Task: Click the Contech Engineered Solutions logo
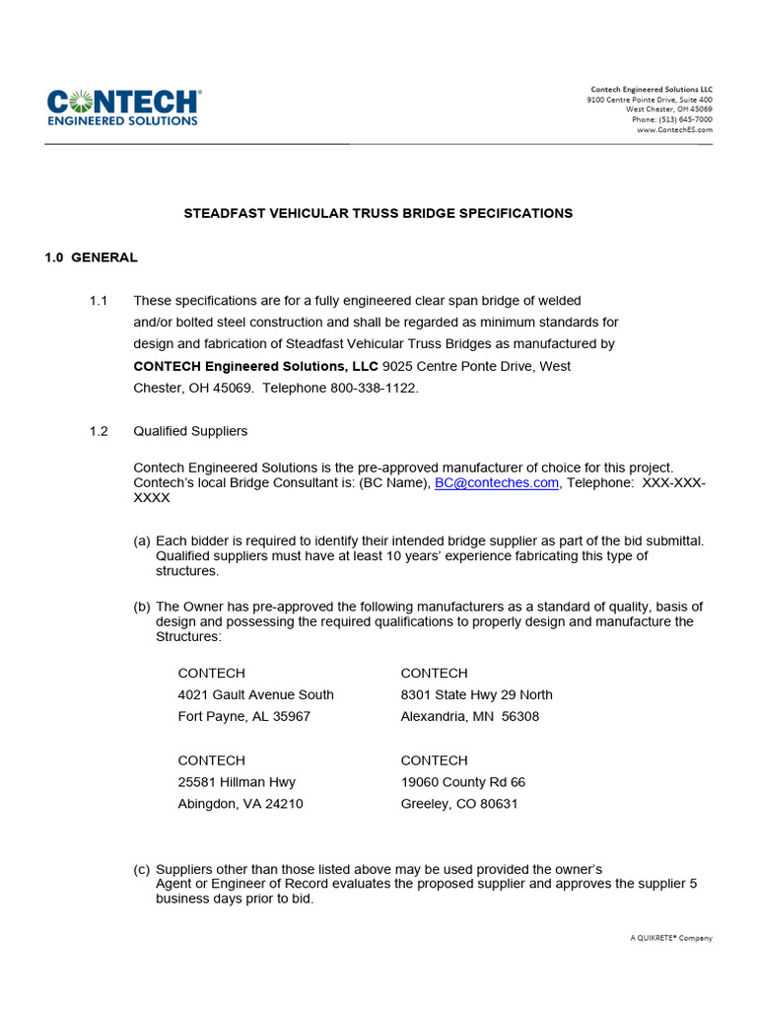tap(123, 108)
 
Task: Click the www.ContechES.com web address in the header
tap(674, 129)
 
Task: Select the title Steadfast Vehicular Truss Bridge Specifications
tap(378, 213)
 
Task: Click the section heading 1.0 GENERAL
tap(91, 257)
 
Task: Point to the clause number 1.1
tap(99, 301)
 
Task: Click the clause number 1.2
tap(99, 431)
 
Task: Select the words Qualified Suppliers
tap(190, 431)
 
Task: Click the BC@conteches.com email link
tap(497, 482)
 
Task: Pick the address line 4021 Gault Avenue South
tap(255, 694)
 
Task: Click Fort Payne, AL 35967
tap(243, 716)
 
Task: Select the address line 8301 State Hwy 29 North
tap(476, 694)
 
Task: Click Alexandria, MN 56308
tap(469, 716)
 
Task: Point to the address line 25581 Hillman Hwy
tap(237, 782)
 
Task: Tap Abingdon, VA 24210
tap(241, 804)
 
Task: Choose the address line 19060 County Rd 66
tap(462, 782)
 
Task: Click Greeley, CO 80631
tap(458, 804)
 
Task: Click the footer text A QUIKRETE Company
tap(671, 938)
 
